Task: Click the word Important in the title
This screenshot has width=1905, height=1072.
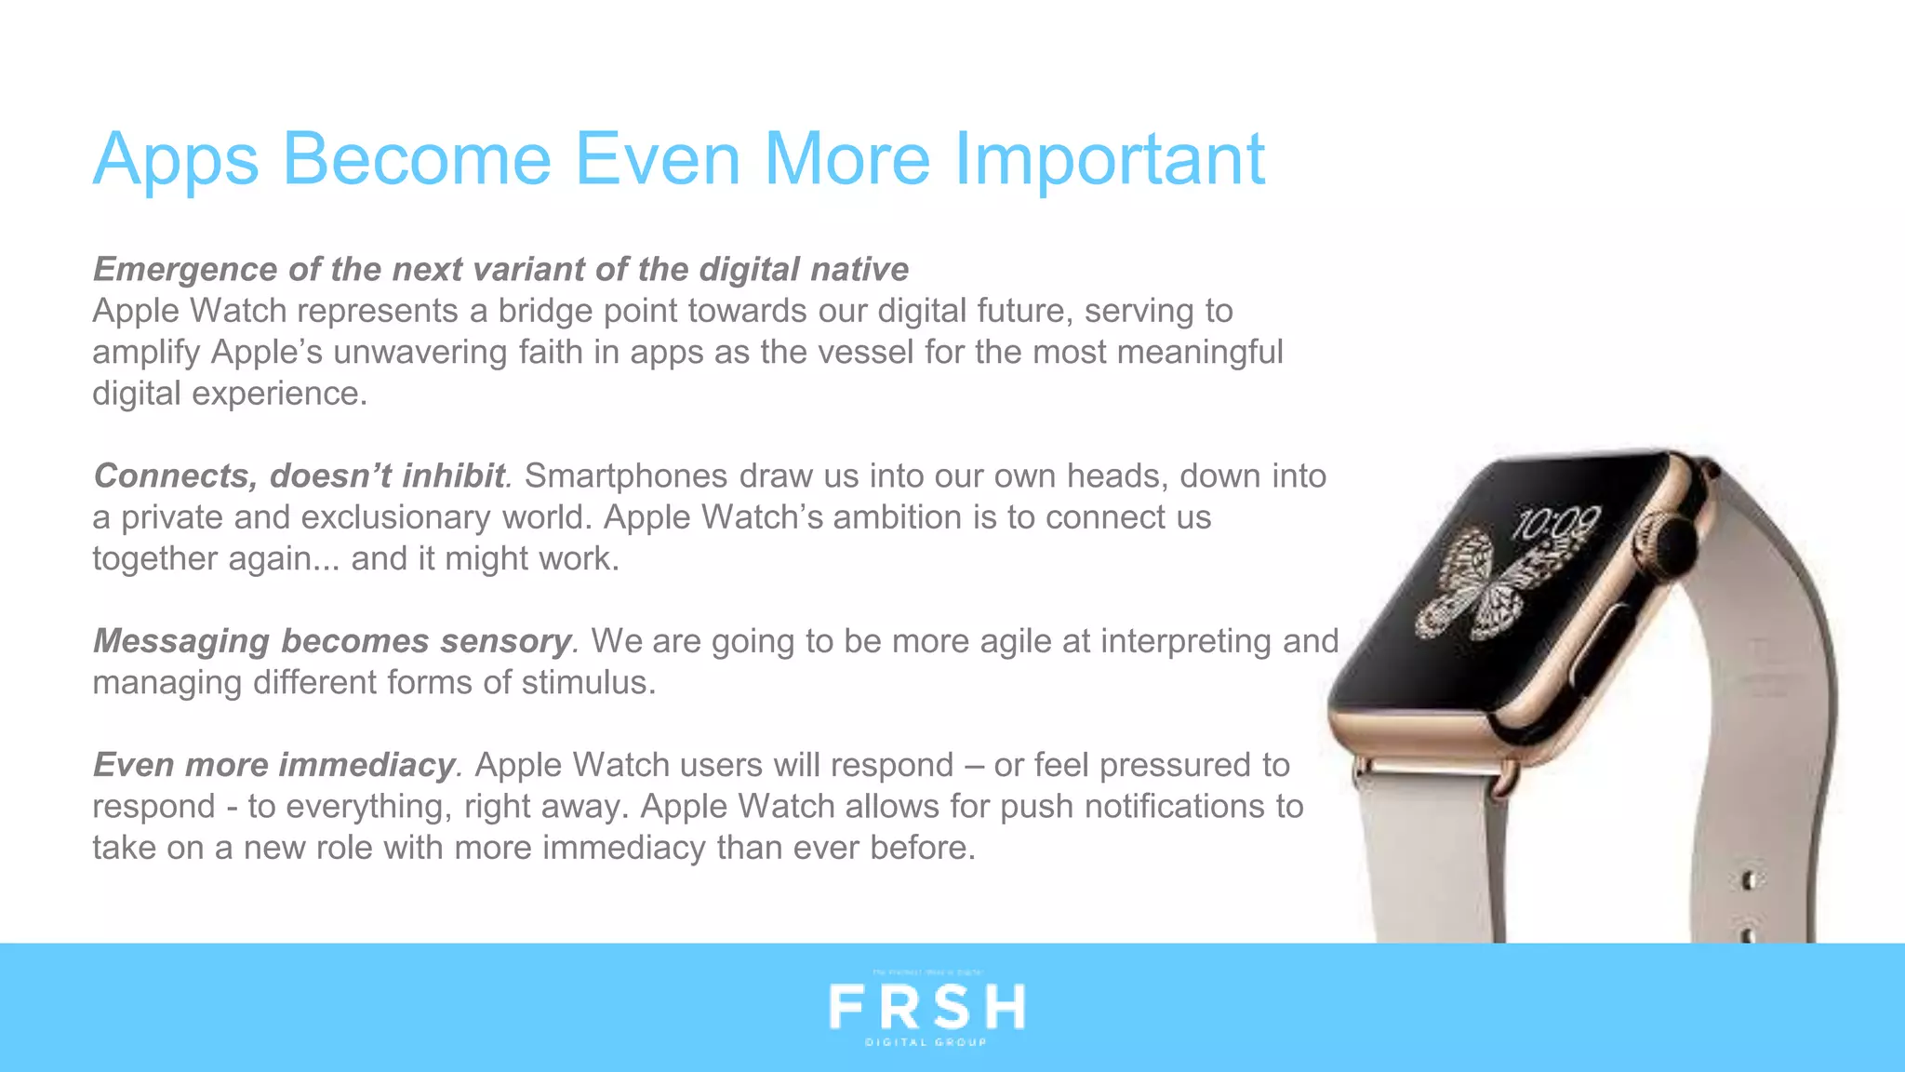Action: [x=1109, y=160]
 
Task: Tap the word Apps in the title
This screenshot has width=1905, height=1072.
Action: [x=175, y=160]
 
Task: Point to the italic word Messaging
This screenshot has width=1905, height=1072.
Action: [x=181, y=641]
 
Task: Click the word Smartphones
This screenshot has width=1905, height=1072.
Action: [x=626, y=476]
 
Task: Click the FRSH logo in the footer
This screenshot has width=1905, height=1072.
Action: [x=926, y=1007]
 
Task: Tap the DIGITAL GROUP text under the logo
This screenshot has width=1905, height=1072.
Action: [x=926, y=1042]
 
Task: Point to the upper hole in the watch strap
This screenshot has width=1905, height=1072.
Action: [x=1749, y=878]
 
